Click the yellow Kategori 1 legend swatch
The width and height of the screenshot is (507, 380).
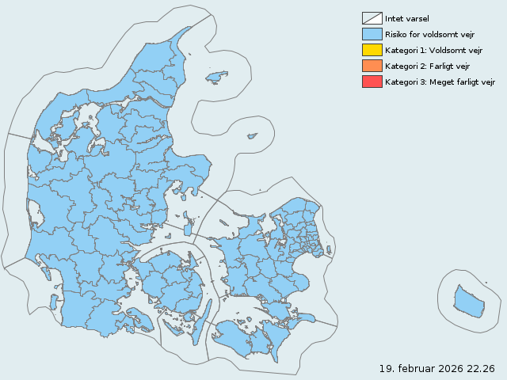coord(372,50)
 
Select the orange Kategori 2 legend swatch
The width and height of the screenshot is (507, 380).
coord(372,66)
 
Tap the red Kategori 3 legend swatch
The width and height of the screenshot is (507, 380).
coord(372,82)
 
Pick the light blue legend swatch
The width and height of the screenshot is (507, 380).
coord(372,34)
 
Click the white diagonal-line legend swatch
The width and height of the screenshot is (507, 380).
coord(372,18)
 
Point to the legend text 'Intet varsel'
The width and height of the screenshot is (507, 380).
coord(407,18)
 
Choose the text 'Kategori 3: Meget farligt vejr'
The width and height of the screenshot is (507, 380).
coord(440,82)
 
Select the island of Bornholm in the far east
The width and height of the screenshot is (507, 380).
coord(469,302)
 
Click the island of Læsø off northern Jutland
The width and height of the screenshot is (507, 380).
coord(215,77)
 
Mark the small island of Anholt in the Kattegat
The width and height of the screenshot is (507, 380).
coord(252,136)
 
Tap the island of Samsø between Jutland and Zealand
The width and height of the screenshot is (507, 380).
coord(188,225)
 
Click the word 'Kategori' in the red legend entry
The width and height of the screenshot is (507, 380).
coord(402,82)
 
